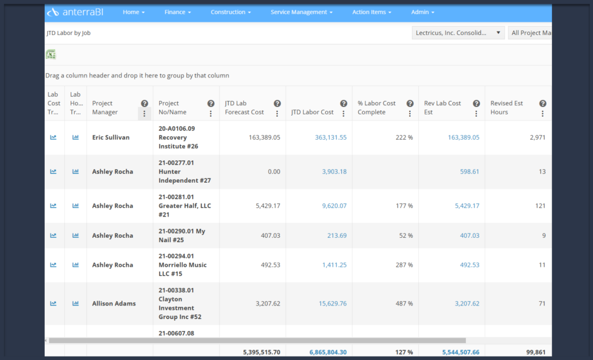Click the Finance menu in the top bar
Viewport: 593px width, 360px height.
point(177,12)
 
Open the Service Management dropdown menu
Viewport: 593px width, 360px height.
point(301,12)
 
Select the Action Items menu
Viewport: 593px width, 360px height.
point(372,12)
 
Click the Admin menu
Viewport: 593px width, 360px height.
point(422,12)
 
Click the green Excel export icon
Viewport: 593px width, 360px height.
point(51,54)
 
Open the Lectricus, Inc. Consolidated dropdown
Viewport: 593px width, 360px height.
point(458,33)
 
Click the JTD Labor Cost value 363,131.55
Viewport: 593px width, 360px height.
point(330,137)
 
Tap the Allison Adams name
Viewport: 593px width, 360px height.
point(113,303)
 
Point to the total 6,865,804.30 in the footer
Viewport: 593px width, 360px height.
point(328,352)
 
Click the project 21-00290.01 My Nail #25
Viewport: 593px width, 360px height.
point(182,235)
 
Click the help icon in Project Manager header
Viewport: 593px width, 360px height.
point(145,103)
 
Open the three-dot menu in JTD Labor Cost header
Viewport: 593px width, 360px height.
point(344,113)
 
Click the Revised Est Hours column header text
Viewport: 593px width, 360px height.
point(507,108)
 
